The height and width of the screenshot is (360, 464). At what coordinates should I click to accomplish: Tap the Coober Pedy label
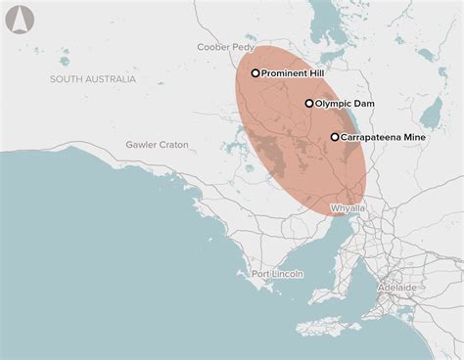pos(224,46)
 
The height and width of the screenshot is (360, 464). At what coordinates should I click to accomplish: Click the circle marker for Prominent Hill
pos(255,72)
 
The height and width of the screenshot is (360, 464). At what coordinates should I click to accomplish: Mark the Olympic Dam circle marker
pos(309,103)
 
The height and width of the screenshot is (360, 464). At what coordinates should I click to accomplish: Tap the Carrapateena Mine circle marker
pos(335,137)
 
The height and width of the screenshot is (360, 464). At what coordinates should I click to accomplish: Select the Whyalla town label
pos(348,208)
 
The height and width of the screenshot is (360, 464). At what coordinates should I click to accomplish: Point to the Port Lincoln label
pos(277,273)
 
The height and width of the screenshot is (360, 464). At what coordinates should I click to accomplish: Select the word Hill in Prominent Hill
pos(319,72)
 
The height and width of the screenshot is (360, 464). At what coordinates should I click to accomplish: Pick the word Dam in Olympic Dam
pos(365,103)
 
